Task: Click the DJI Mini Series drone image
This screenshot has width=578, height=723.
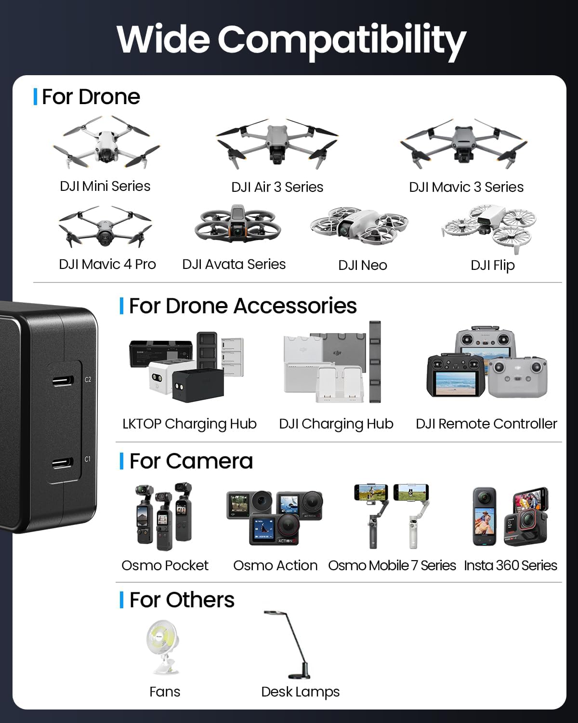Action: pyautogui.click(x=106, y=143)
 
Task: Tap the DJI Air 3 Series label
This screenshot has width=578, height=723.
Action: pyautogui.click(x=277, y=187)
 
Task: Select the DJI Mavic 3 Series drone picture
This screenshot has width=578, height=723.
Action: pyautogui.click(x=464, y=143)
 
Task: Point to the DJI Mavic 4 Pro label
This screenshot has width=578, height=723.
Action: pyautogui.click(x=107, y=264)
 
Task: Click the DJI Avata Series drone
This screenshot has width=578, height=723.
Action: pyautogui.click(x=237, y=225)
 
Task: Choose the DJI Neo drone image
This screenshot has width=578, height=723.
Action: pyautogui.click(x=359, y=226)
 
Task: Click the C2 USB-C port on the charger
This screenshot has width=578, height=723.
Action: pyautogui.click(x=63, y=380)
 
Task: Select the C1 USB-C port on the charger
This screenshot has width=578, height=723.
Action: pyautogui.click(x=63, y=464)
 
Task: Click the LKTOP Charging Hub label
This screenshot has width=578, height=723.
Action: pyautogui.click(x=189, y=424)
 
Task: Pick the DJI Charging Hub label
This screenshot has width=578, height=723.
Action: pyautogui.click(x=336, y=424)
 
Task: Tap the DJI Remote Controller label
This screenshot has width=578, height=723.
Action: pyautogui.click(x=486, y=424)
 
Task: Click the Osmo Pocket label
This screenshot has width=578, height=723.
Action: pyautogui.click(x=165, y=565)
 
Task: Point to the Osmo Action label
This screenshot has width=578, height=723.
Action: pyautogui.click(x=275, y=565)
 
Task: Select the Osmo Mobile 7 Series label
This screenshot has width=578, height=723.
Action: pyautogui.click(x=392, y=565)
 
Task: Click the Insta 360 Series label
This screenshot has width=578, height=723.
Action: pyautogui.click(x=510, y=565)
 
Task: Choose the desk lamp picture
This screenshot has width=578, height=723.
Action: pyautogui.click(x=289, y=644)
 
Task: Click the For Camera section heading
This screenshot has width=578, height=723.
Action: pyautogui.click(x=191, y=461)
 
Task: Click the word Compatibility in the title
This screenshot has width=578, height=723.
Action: pyautogui.click(x=342, y=40)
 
